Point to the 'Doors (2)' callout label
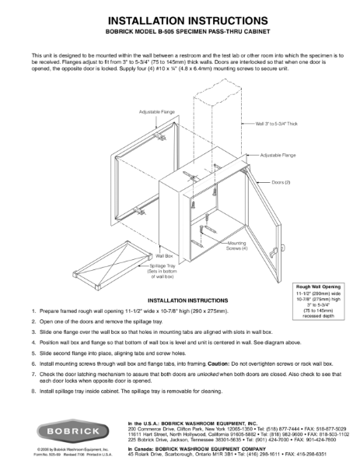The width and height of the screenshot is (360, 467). click(x=281, y=181)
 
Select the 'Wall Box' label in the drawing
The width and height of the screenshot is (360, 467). click(x=164, y=255)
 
